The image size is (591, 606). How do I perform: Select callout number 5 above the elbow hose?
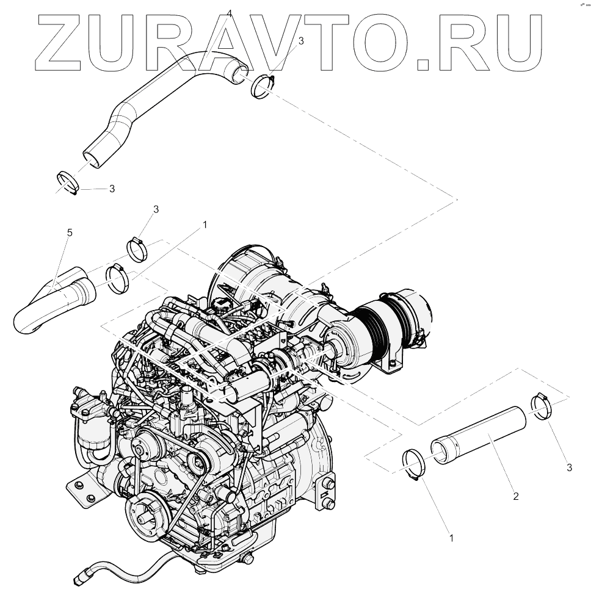70,233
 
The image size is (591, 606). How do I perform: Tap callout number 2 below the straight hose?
515,496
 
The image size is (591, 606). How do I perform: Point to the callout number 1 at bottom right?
451,539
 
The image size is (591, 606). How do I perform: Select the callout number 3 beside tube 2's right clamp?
569,467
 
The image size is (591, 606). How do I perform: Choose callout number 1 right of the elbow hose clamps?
205,225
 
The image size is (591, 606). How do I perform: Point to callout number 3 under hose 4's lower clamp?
112,189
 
